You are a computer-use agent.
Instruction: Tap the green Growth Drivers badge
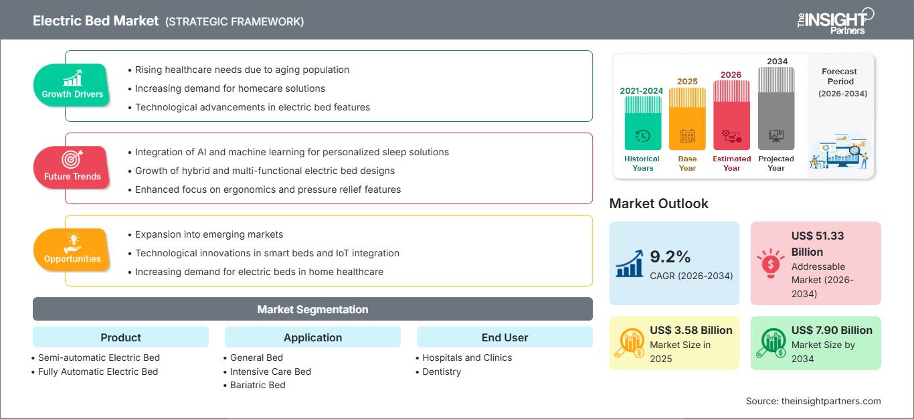tap(72, 85)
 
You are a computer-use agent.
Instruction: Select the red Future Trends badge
tap(71, 167)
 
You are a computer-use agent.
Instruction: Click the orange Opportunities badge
tap(72, 250)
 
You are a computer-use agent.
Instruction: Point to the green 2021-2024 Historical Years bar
tap(643, 124)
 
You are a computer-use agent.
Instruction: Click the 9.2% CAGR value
tap(670, 256)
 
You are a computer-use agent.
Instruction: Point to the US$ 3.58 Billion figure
tap(691, 330)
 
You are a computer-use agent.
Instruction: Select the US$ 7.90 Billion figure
tap(832, 330)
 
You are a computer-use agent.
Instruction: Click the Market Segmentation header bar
tap(312, 309)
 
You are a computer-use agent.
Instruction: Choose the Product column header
tap(120, 337)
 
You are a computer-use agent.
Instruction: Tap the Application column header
tap(312, 337)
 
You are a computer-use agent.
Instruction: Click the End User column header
tap(505, 337)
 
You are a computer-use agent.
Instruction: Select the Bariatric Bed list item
tap(258, 385)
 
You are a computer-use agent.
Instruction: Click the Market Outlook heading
tap(658, 203)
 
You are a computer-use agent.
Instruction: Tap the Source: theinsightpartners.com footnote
tap(813, 401)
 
